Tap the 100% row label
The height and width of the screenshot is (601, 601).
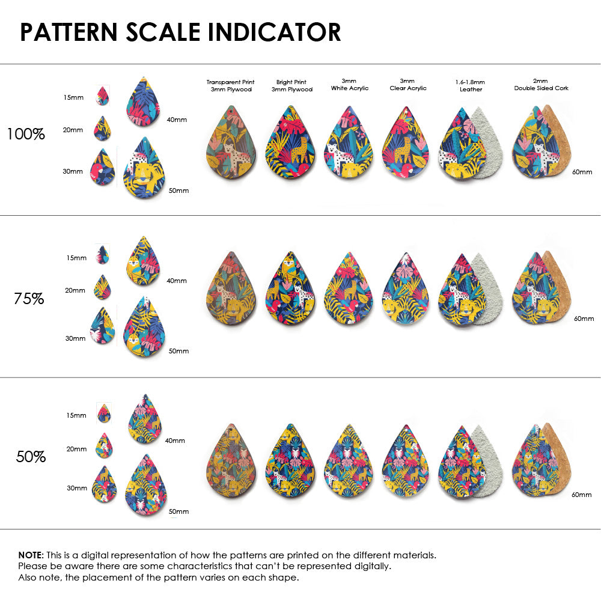[x=26, y=135]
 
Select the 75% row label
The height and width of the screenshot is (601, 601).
[x=29, y=298]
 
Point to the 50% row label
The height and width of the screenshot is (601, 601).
[x=31, y=457]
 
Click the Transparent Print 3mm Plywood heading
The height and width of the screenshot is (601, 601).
[x=230, y=85]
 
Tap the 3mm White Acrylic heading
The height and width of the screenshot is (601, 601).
[x=350, y=84]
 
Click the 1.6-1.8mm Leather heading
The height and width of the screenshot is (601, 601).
[x=469, y=85]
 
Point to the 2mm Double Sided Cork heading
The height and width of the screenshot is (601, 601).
[x=541, y=84]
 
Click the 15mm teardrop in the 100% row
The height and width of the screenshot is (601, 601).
[x=103, y=96]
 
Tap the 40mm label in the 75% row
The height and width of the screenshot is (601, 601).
[x=176, y=281]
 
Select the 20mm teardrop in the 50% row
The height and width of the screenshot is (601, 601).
[x=104, y=446]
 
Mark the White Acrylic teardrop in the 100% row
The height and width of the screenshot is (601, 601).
[x=349, y=144]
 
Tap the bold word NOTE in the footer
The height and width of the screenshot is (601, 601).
[x=30, y=555]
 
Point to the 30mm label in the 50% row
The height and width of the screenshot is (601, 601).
[x=76, y=488]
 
